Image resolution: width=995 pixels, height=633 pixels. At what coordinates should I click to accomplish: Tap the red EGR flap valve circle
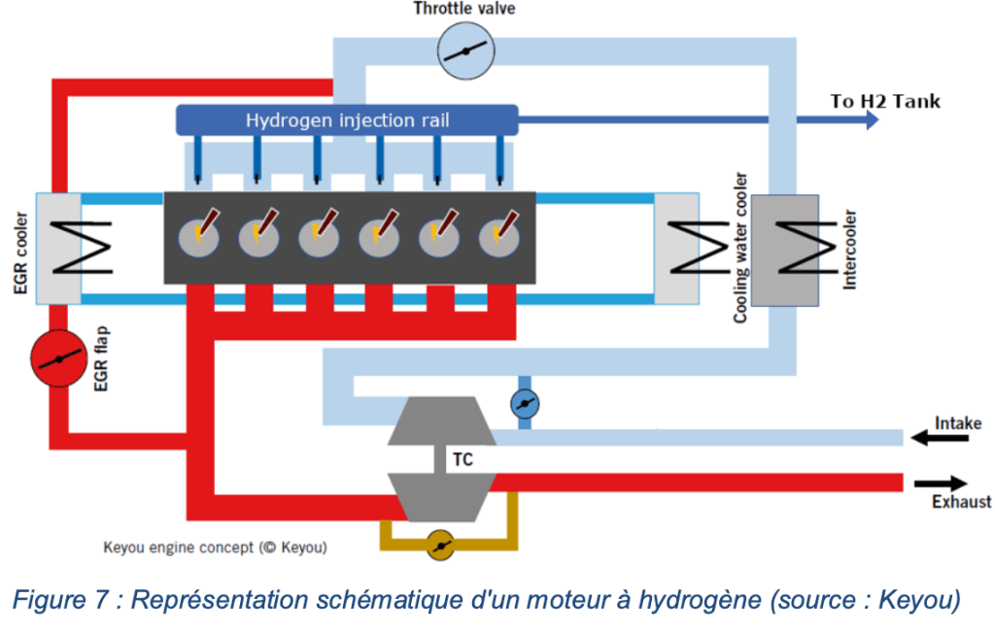tap(59, 358)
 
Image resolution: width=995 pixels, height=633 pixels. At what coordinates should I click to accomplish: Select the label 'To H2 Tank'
tap(885, 101)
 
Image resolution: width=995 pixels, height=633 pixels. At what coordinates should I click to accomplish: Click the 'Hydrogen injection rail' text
tap(347, 120)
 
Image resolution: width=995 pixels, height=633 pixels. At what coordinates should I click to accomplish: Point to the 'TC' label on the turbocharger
tap(463, 459)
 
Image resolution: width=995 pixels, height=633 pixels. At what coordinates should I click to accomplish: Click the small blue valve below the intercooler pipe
tap(525, 403)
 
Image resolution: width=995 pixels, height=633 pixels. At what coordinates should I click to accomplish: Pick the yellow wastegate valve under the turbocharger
tap(441, 546)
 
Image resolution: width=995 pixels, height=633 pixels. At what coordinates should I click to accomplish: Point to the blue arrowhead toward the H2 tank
tap(869, 120)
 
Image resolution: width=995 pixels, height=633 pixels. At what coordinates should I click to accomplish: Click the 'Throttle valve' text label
tap(464, 10)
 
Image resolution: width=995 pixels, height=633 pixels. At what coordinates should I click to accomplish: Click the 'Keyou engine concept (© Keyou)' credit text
tap(215, 548)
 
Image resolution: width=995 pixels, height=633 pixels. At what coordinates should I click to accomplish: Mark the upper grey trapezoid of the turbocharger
tap(442, 420)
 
